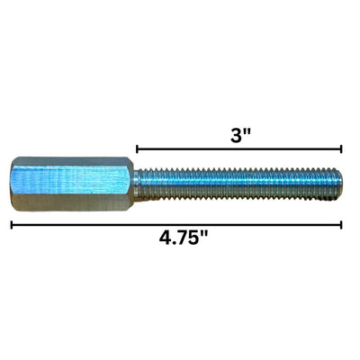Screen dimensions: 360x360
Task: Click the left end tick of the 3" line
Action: tap(137, 148)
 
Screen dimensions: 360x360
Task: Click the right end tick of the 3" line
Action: tap(342, 148)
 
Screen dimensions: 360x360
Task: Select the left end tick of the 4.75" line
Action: tap(12, 224)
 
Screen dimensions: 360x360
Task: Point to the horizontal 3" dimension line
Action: tap(239, 148)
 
